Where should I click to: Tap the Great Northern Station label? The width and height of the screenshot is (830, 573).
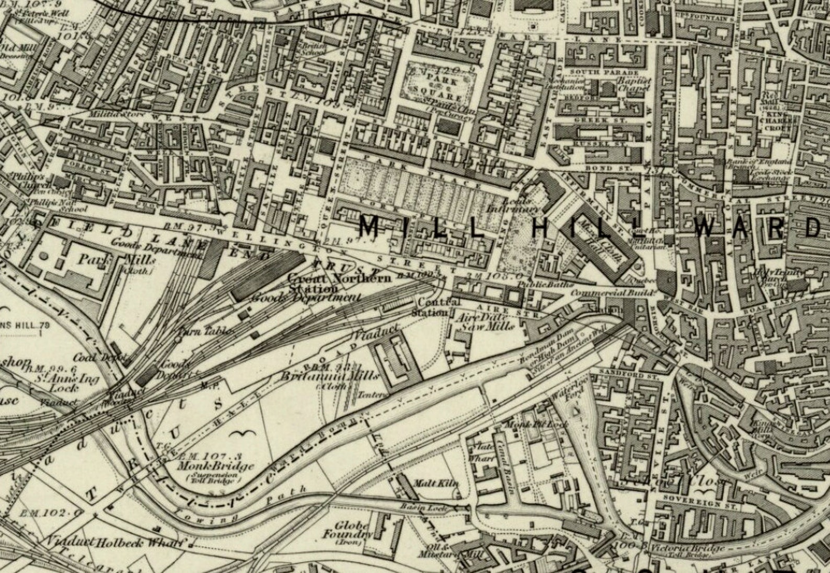pos(340,282)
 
